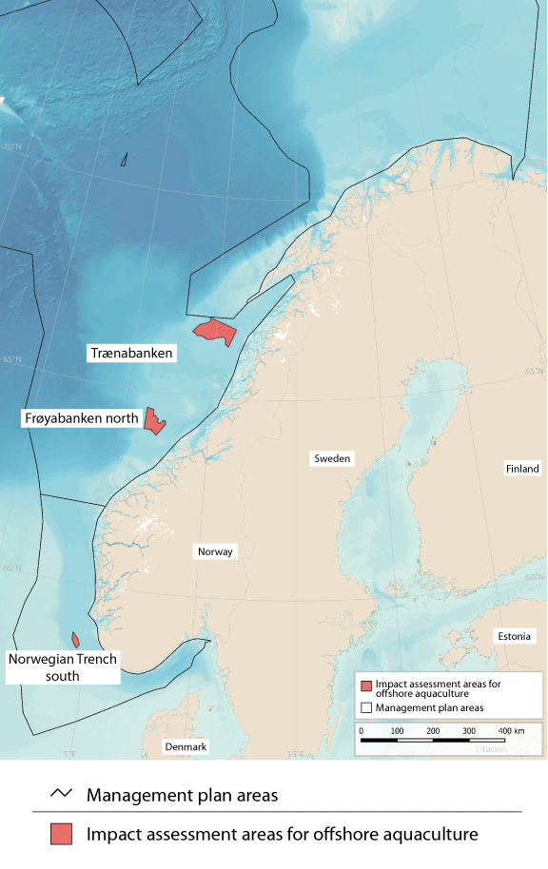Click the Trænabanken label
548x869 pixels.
click(x=131, y=353)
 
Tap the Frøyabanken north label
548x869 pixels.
click(x=81, y=417)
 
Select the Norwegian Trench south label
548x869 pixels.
click(x=63, y=666)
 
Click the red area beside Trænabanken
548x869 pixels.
click(x=215, y=333)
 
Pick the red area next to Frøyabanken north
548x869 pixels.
click(x=153, y=420)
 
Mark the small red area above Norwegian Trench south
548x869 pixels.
click(x=75, y=640)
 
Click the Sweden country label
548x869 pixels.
click(x=333, y=458)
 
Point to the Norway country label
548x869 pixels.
click(x=215, y=551)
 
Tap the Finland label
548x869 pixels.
click(x=522, y=469)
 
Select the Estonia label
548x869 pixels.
click(x=515, y=636)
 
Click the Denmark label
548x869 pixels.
click(x=186, y=747)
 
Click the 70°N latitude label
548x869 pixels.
click(x=11, y=146)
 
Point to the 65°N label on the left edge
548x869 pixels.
click(x=11, y=358)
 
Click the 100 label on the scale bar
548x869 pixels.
click(x=398, y=730)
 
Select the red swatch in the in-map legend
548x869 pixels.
click(x=365, y=686)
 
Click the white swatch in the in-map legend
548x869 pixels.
click(x=365, y=707)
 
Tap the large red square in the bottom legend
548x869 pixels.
click(x=62, y=834)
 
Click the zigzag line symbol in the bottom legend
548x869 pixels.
click(x=62, y=794)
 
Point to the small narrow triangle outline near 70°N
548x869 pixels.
click(x=124, y=160)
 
